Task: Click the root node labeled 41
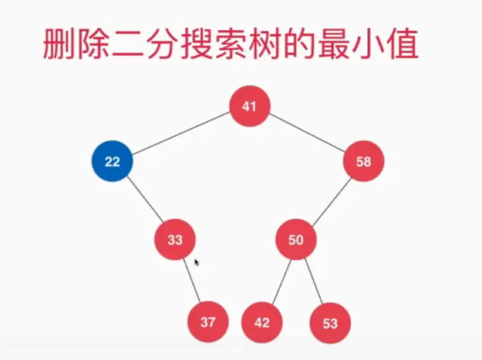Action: click(249, 106)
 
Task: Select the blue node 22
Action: click(112, 161)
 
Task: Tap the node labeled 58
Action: click(364, 161)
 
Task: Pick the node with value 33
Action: click(175, 239)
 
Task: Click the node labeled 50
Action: click(296, 239)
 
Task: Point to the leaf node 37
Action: click(208, 322)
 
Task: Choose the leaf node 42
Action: click(262, 322)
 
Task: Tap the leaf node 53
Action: click(330, 323)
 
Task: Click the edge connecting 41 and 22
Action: click(180, 133)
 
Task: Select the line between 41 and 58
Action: click(307, 133)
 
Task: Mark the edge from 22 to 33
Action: click(143, 200)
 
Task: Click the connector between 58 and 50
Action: click(330, 200)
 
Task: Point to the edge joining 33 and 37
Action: click(192, 281)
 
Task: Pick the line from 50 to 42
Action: click(279, 281)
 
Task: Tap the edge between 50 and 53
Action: click(313, 281)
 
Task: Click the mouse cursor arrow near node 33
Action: click(197, 262)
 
